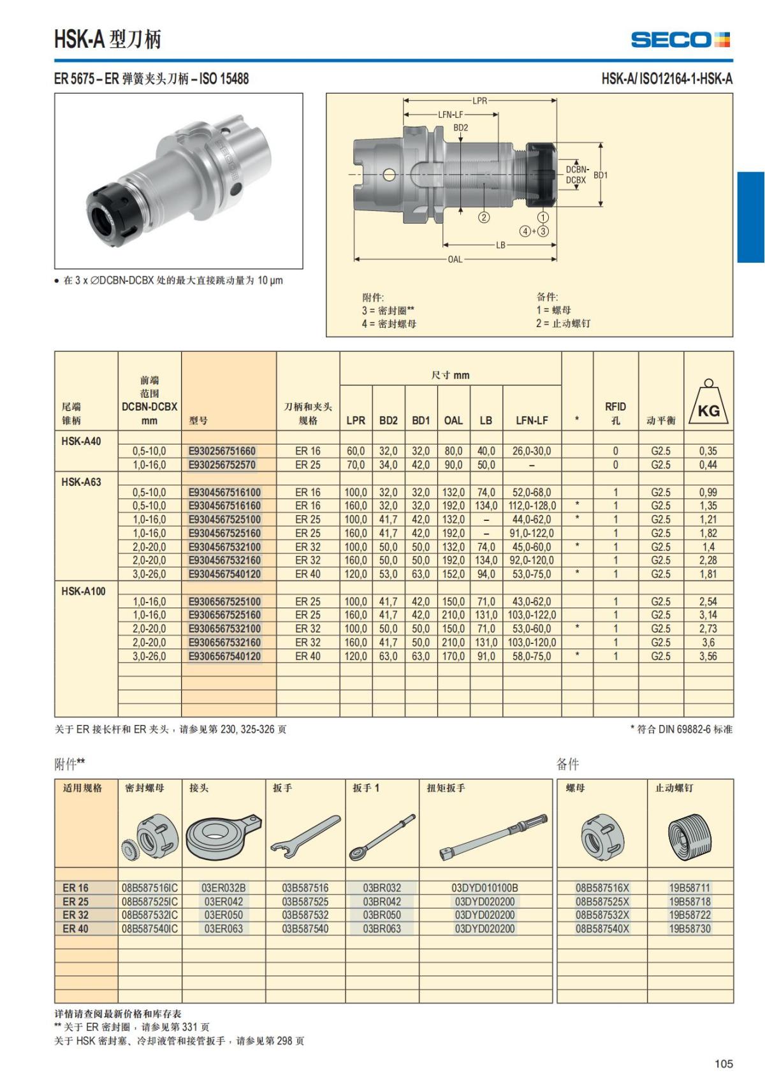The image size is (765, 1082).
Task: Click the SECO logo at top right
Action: (x=680, y=40)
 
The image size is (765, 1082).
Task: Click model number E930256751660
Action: (x=222, y=451)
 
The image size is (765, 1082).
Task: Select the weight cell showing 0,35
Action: (x=708, y=451)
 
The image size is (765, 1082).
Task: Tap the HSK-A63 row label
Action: (x=81, y=482)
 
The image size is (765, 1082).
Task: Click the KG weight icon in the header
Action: (x=708, y=404)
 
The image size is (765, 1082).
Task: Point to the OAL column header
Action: (x=453, y=420)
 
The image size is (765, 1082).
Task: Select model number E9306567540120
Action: (x=224, y=656)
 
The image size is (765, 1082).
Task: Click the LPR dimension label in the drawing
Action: (x=479, y=101)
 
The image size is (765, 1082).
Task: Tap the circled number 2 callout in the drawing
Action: (x=484, y=217)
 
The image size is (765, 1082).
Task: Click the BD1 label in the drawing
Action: (x=601, y=175)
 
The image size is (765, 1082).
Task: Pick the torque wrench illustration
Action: (x=493, y=836)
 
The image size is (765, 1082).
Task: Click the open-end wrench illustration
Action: (x=305, y=834)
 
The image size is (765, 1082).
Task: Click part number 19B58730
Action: (x=689, y=929)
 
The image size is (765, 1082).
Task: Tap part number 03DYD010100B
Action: (x=484, y=888)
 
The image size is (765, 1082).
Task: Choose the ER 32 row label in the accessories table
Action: (x=75, y=915)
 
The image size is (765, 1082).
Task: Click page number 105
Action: (x=724, y=1064)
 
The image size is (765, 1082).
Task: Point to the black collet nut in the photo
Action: (x=105, y=212)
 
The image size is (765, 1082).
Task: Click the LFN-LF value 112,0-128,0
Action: (x=532, y=506)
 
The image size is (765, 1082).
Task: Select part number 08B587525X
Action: (x=602, y=902)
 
